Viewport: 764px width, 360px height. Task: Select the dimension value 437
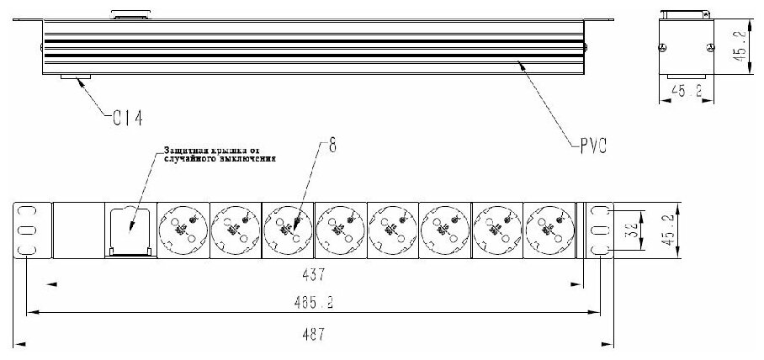[x=313, y=274]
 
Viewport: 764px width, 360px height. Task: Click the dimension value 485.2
[x=311, y=302]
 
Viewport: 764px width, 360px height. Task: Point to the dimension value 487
[x=312, y=332]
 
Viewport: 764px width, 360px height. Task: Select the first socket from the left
[x=183, y=227]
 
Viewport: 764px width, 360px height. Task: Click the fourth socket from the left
[x=339, y=227]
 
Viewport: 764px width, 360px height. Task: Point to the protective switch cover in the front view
[x=130, y=228]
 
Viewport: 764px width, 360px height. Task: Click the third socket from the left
[x=287, y=227]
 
